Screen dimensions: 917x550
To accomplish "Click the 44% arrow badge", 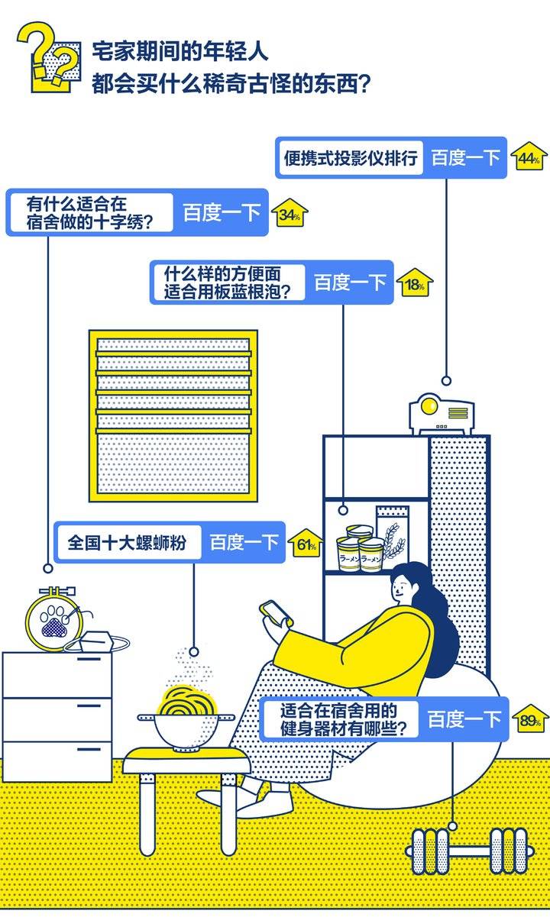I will point(529,158).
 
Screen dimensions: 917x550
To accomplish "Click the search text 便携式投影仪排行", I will point(351,158).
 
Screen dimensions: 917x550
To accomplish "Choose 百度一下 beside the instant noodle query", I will point(351,283).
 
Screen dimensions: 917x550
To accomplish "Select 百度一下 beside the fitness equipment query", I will point(464,719).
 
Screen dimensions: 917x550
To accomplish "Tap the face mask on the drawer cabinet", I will point(99,642).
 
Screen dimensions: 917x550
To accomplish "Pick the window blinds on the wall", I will point(173,415).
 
